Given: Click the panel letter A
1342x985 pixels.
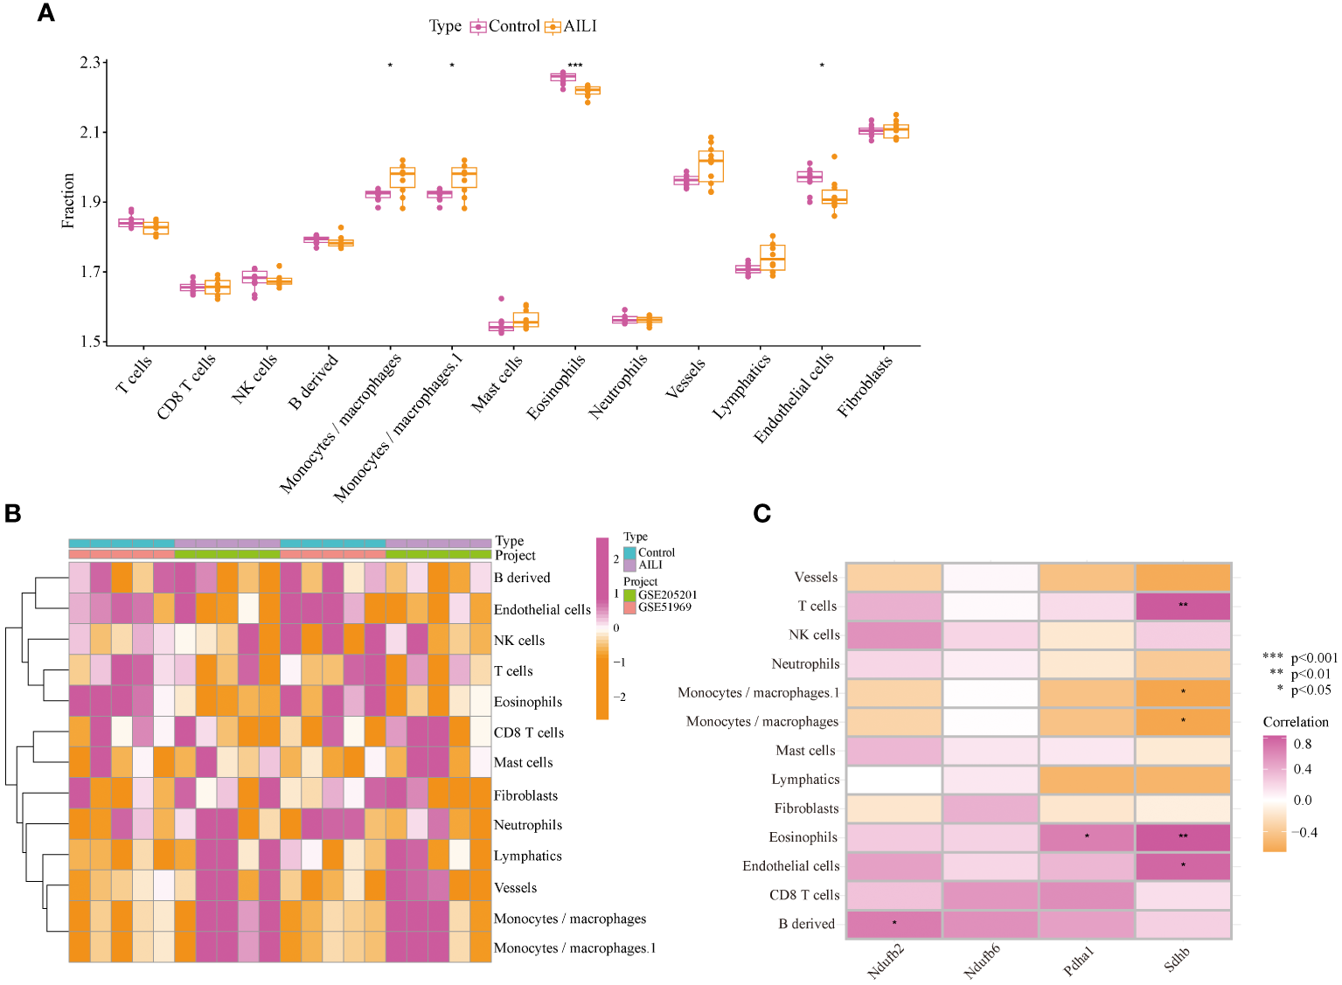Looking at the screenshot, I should pyautogui.click(x=45, y=13).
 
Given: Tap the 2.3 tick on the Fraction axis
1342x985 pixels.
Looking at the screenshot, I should pyautogui.click(x=90, y=63).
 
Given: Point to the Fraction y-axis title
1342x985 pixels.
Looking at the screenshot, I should pyautogui.click(x=68, y=201).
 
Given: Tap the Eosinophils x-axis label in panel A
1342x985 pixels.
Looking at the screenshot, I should pyautogui.click(x=557, y=387).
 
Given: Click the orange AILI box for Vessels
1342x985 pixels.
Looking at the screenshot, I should pyautogui.click(x=711, y=166).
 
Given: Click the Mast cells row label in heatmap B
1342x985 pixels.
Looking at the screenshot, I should pyautogui.click(x=523, y=763).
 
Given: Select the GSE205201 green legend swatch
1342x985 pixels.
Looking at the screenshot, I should pyautogui.click(x=629, y=595).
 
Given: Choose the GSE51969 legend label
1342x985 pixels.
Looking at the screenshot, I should pyautogui.click(x=664, y=607).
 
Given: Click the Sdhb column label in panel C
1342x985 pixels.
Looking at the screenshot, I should pyautogui.click(x=1178, y=960).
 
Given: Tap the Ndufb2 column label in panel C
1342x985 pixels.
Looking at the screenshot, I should pyautogui.click(x=887, y=961).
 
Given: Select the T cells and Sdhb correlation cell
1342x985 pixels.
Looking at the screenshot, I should pyautogui.click(x=1183, y=606).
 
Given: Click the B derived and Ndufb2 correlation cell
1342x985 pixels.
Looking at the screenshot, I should pyautogui.click(x=894, y=924).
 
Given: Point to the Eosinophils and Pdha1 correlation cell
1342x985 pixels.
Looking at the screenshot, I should pyautogui.click(x=1087, y=837).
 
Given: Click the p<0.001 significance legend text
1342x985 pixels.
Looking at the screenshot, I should pyautogui.click(x=1314, y=658).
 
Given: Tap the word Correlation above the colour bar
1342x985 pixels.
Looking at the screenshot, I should pyautogui.click(x=1295, y=722).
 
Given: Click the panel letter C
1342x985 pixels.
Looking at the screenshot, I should pyautogui.click(x=761, y=514).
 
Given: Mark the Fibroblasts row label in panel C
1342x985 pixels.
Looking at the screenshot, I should pyautogui.click(x=806, y=808).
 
